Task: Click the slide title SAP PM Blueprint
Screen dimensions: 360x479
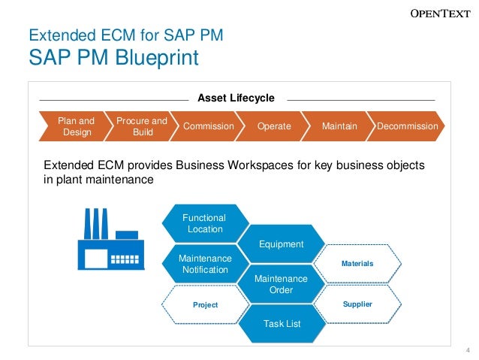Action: coord(114,57)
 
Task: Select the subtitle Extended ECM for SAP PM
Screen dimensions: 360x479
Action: coord(125,35)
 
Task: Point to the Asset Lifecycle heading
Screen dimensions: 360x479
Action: coord(236,98)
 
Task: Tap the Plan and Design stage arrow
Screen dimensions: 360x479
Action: coord(74,126)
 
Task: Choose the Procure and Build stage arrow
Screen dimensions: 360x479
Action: coord(141,126)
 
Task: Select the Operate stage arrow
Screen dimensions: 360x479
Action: coord(273,126)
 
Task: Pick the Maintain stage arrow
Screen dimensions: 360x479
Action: coord(339,126)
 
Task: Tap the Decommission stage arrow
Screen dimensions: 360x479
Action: coord(407,126)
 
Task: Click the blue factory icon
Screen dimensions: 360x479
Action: coord(111,241)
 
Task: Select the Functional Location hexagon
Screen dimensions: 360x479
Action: coord(205,223)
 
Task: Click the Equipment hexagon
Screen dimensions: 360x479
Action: coord(281,244)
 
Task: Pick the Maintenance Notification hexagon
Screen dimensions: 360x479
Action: coord(205,264)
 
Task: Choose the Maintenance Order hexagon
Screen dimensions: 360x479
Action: coord(281,284)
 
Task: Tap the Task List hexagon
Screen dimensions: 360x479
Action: coord(281,324)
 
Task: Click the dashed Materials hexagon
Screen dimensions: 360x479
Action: coord(357,264)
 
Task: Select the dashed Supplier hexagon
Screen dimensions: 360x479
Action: coord(357,304)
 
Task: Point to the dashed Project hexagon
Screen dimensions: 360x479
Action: coord(205,304)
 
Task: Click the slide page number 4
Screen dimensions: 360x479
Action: coord(468,350)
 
